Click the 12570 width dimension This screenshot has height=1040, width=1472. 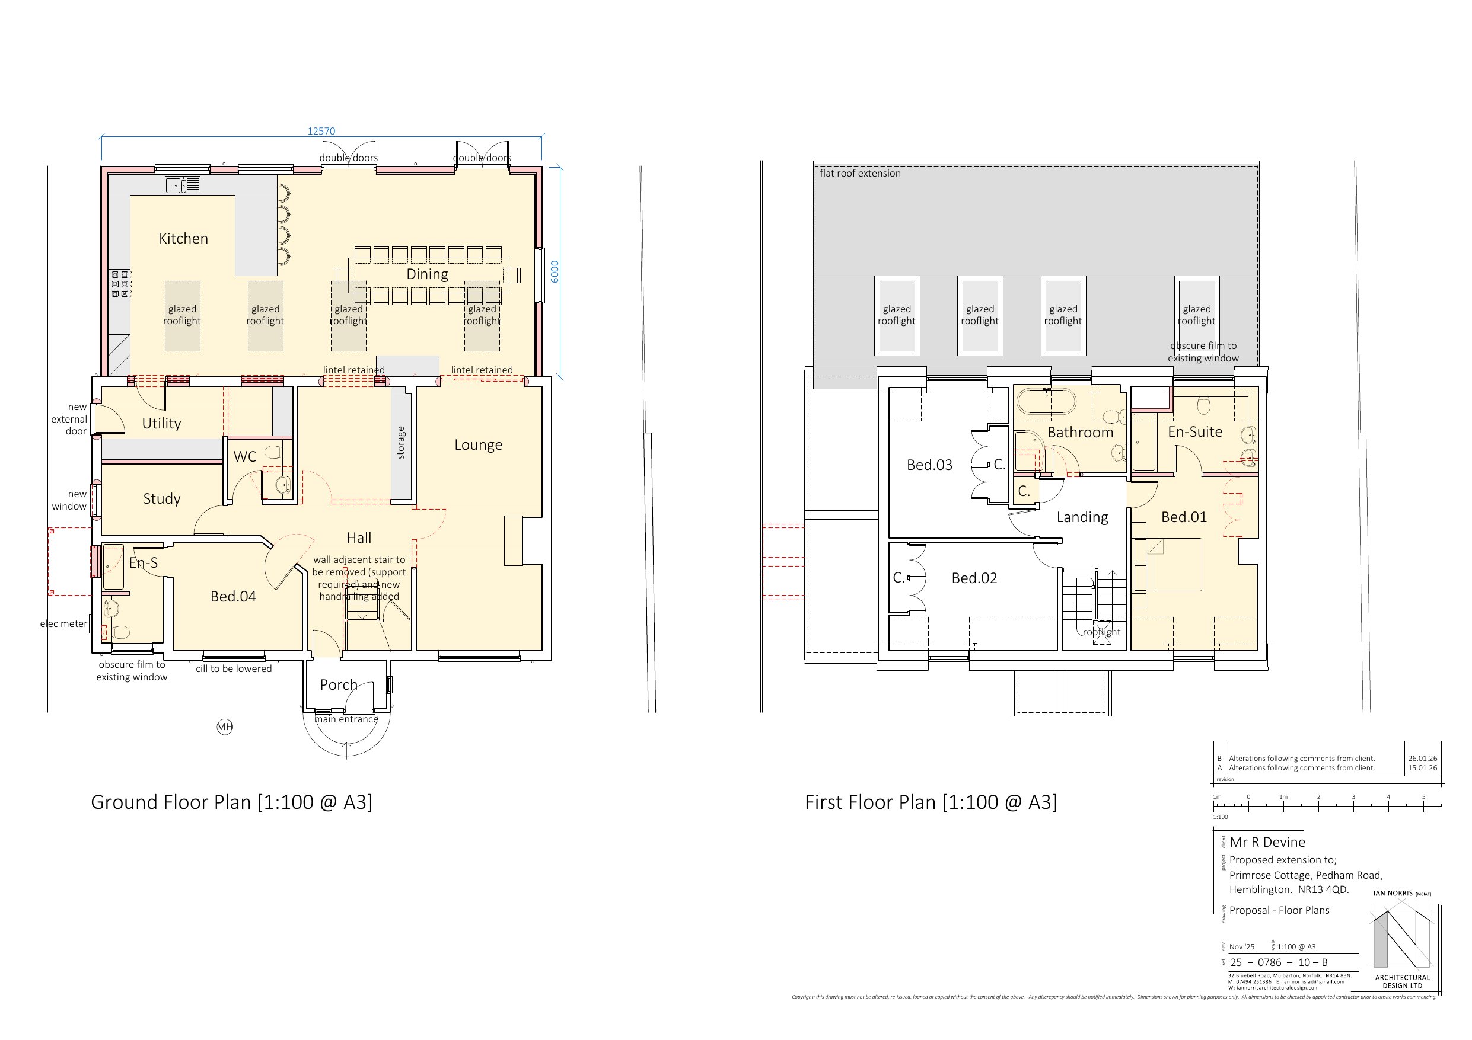[321, 132]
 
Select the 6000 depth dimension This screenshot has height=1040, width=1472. [555, 271]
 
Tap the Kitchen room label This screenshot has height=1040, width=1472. [183, 238]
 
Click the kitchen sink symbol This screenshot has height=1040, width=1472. [183, 185]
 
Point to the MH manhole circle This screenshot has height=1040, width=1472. [224, 727]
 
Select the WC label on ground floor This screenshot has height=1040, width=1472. [245, 457]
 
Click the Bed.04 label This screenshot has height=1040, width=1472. [233, 597]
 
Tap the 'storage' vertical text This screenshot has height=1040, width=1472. [402, 443]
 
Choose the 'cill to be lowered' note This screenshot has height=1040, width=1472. [233, 669]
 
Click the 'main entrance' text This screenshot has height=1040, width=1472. [346, 719]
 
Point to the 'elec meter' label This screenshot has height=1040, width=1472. [63, 623]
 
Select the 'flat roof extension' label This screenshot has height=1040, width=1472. [860, 173]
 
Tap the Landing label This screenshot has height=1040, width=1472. [1082, 517]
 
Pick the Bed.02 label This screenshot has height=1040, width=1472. [974, 578]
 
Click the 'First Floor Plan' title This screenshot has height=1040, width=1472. [931, 802]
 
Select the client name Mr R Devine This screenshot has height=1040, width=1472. [1267, 842]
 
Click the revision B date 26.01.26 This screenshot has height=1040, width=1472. [1422, 758]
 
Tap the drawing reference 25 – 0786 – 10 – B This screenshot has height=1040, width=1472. [1279, 962]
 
